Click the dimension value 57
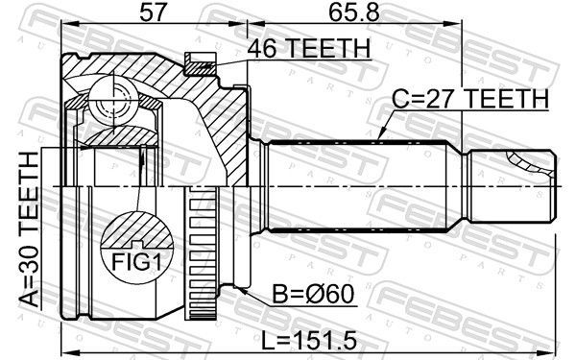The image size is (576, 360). tap(151, 14)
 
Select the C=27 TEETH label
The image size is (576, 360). tap(469, 99)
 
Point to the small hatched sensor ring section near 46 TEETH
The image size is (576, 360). tap(201, 65)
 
